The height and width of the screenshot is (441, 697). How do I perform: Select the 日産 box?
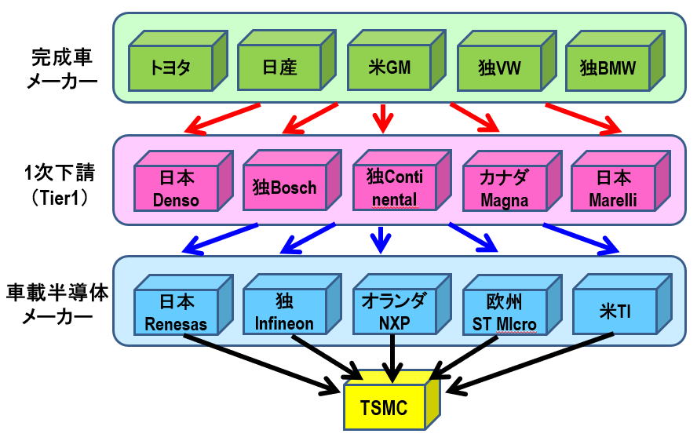pyautogui.click(x=279, y=66)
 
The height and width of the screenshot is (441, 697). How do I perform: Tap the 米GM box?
pyautogui.click(x=389, y=66)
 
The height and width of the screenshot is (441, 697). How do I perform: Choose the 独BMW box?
pyautogui.click(x=608, y=66)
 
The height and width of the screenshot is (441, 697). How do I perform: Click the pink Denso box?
pyautogui.click(x=176, y=188)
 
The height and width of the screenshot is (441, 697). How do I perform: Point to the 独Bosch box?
pyautogui.click(x=285, y=188)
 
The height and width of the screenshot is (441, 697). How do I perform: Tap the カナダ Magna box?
pyautogui.click(x=504, y=188)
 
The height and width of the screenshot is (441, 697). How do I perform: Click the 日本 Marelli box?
pyautogui.click(x=614, y=188)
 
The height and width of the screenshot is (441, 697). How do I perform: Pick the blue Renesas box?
pyautogui.click(x=177, y=312)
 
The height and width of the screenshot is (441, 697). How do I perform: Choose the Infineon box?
pyautogui.click(x=284, y=312)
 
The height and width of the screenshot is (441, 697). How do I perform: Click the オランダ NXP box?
pyautogui.click(x=393, y=312)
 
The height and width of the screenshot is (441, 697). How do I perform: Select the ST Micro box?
pyautogui.click(x=503, y=312)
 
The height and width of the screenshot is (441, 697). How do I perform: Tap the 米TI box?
pyautogui.click(x=612, y=312)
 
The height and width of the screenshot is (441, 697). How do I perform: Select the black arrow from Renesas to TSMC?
pyautogui.click(x=259, y=361)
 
